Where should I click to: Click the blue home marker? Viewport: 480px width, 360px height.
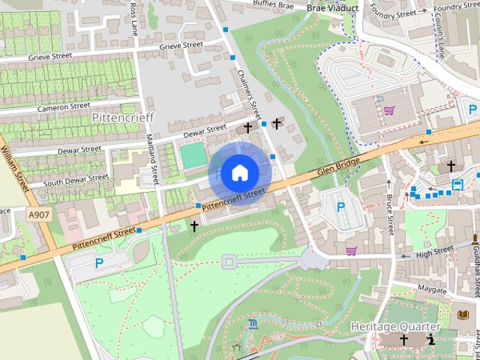click(239, 172)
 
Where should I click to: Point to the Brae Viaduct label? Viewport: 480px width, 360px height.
click(333, 8)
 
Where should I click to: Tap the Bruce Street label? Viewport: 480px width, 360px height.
click(389, 214)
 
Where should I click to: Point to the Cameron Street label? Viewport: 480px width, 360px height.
click(65, 106)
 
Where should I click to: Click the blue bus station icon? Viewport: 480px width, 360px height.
click(457, 184)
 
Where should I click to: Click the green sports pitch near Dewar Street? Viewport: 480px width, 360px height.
click(193, 156)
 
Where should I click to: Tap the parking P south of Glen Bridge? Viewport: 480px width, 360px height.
click(341, 207)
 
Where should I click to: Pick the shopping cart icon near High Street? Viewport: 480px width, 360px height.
click(351, 250)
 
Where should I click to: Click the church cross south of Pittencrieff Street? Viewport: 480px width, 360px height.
click(194, 225)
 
